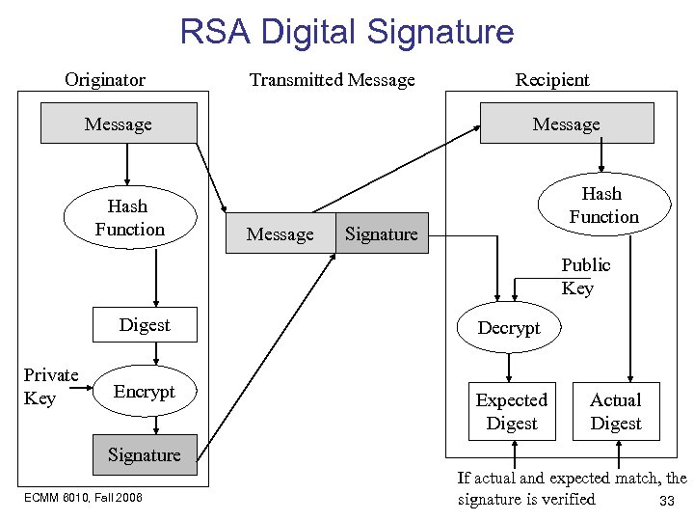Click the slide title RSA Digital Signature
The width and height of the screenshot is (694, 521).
(x=347, y=32)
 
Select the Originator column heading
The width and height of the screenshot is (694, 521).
(x=105, y=80)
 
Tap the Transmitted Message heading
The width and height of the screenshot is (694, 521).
(x=332, y=80)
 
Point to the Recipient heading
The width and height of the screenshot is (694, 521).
(x=552, y=80)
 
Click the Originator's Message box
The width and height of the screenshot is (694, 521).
(x=119, y=123)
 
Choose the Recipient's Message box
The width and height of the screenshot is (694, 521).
(x=567, y=123)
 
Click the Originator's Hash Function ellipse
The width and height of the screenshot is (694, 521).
(x=129, y=218)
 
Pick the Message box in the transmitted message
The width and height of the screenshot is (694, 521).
(x=280, y=234)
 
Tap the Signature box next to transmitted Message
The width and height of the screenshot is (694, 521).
(x=382, y=234)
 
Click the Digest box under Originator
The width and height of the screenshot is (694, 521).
(x=145, y=325)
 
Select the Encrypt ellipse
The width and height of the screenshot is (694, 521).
(x=145, y=391)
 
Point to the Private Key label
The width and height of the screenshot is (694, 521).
(x=50, y=387)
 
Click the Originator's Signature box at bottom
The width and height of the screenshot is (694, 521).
(x=145, y=455)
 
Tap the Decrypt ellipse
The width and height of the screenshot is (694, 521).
(x=509, y=328)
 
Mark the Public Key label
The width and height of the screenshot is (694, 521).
(x=584, y=277)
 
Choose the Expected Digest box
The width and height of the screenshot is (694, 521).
(x=512, y=412)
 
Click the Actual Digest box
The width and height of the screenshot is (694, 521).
(x=616, y=412)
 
